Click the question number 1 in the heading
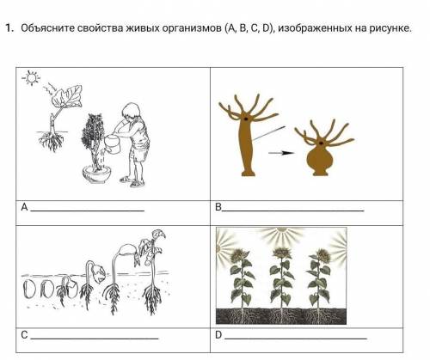click(9, 28)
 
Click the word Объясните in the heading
click(47, 28)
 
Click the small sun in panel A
click(32, 77)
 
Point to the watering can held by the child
click(114, 144)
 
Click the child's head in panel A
click(131, 111)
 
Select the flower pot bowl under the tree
click(96, 174)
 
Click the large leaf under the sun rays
click(67, 95)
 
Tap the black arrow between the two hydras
click(281, 153)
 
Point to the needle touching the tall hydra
click(268, 133)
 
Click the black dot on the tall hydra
click(246, 119)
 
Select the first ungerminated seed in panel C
click(29, 290)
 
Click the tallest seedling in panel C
click(153, 272)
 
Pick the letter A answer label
click(24, 207)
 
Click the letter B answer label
click(218, 207)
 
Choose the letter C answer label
click(24, 334)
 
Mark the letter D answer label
click(218, 334)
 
